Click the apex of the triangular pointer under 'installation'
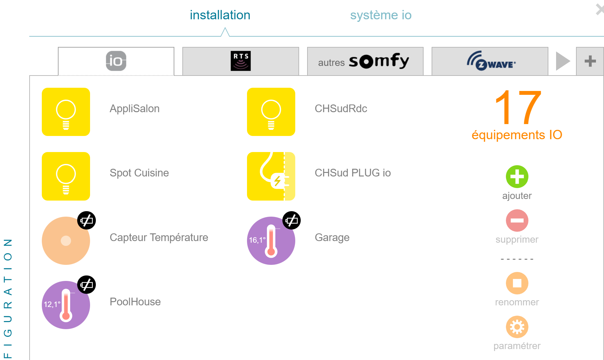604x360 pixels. click(x=225, y=28)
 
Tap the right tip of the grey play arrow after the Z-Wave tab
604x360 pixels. click(x=570, y=61)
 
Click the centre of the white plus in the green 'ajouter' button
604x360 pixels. click(x=517, y=176)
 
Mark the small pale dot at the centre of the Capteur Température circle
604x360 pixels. click(x=66, y=241)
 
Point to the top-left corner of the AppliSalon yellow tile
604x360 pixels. click(x=42, y=88)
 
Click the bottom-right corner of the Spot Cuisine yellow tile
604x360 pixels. click(x=90, y=200)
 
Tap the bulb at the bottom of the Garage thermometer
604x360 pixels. click(x=271, y=252)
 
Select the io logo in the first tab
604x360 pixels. click(x=116, y=61)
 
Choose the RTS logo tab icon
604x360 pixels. click(x=241, y=61)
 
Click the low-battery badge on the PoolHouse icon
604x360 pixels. click(x=87, y=285)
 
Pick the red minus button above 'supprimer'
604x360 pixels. click(x=517, y=221)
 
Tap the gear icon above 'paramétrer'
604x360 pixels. click(x=517, y=327)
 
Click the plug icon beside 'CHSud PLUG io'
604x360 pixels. click(x=271, y=176)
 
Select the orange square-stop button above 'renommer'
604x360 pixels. click(x=517, y=283)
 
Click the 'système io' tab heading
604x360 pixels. click(x=381, y=15)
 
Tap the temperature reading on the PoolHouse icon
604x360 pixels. click(x=52, y=304)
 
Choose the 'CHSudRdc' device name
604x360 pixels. click(x=341, y=109)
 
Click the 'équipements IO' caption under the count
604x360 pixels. click(x=517, y=135)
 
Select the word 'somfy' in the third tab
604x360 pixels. click(x=379, y=61)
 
